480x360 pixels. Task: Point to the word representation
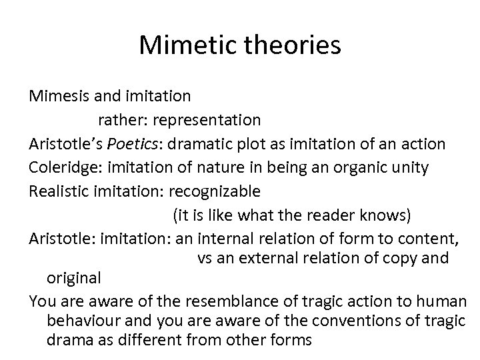(205, 120)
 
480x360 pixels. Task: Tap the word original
(74, 277)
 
